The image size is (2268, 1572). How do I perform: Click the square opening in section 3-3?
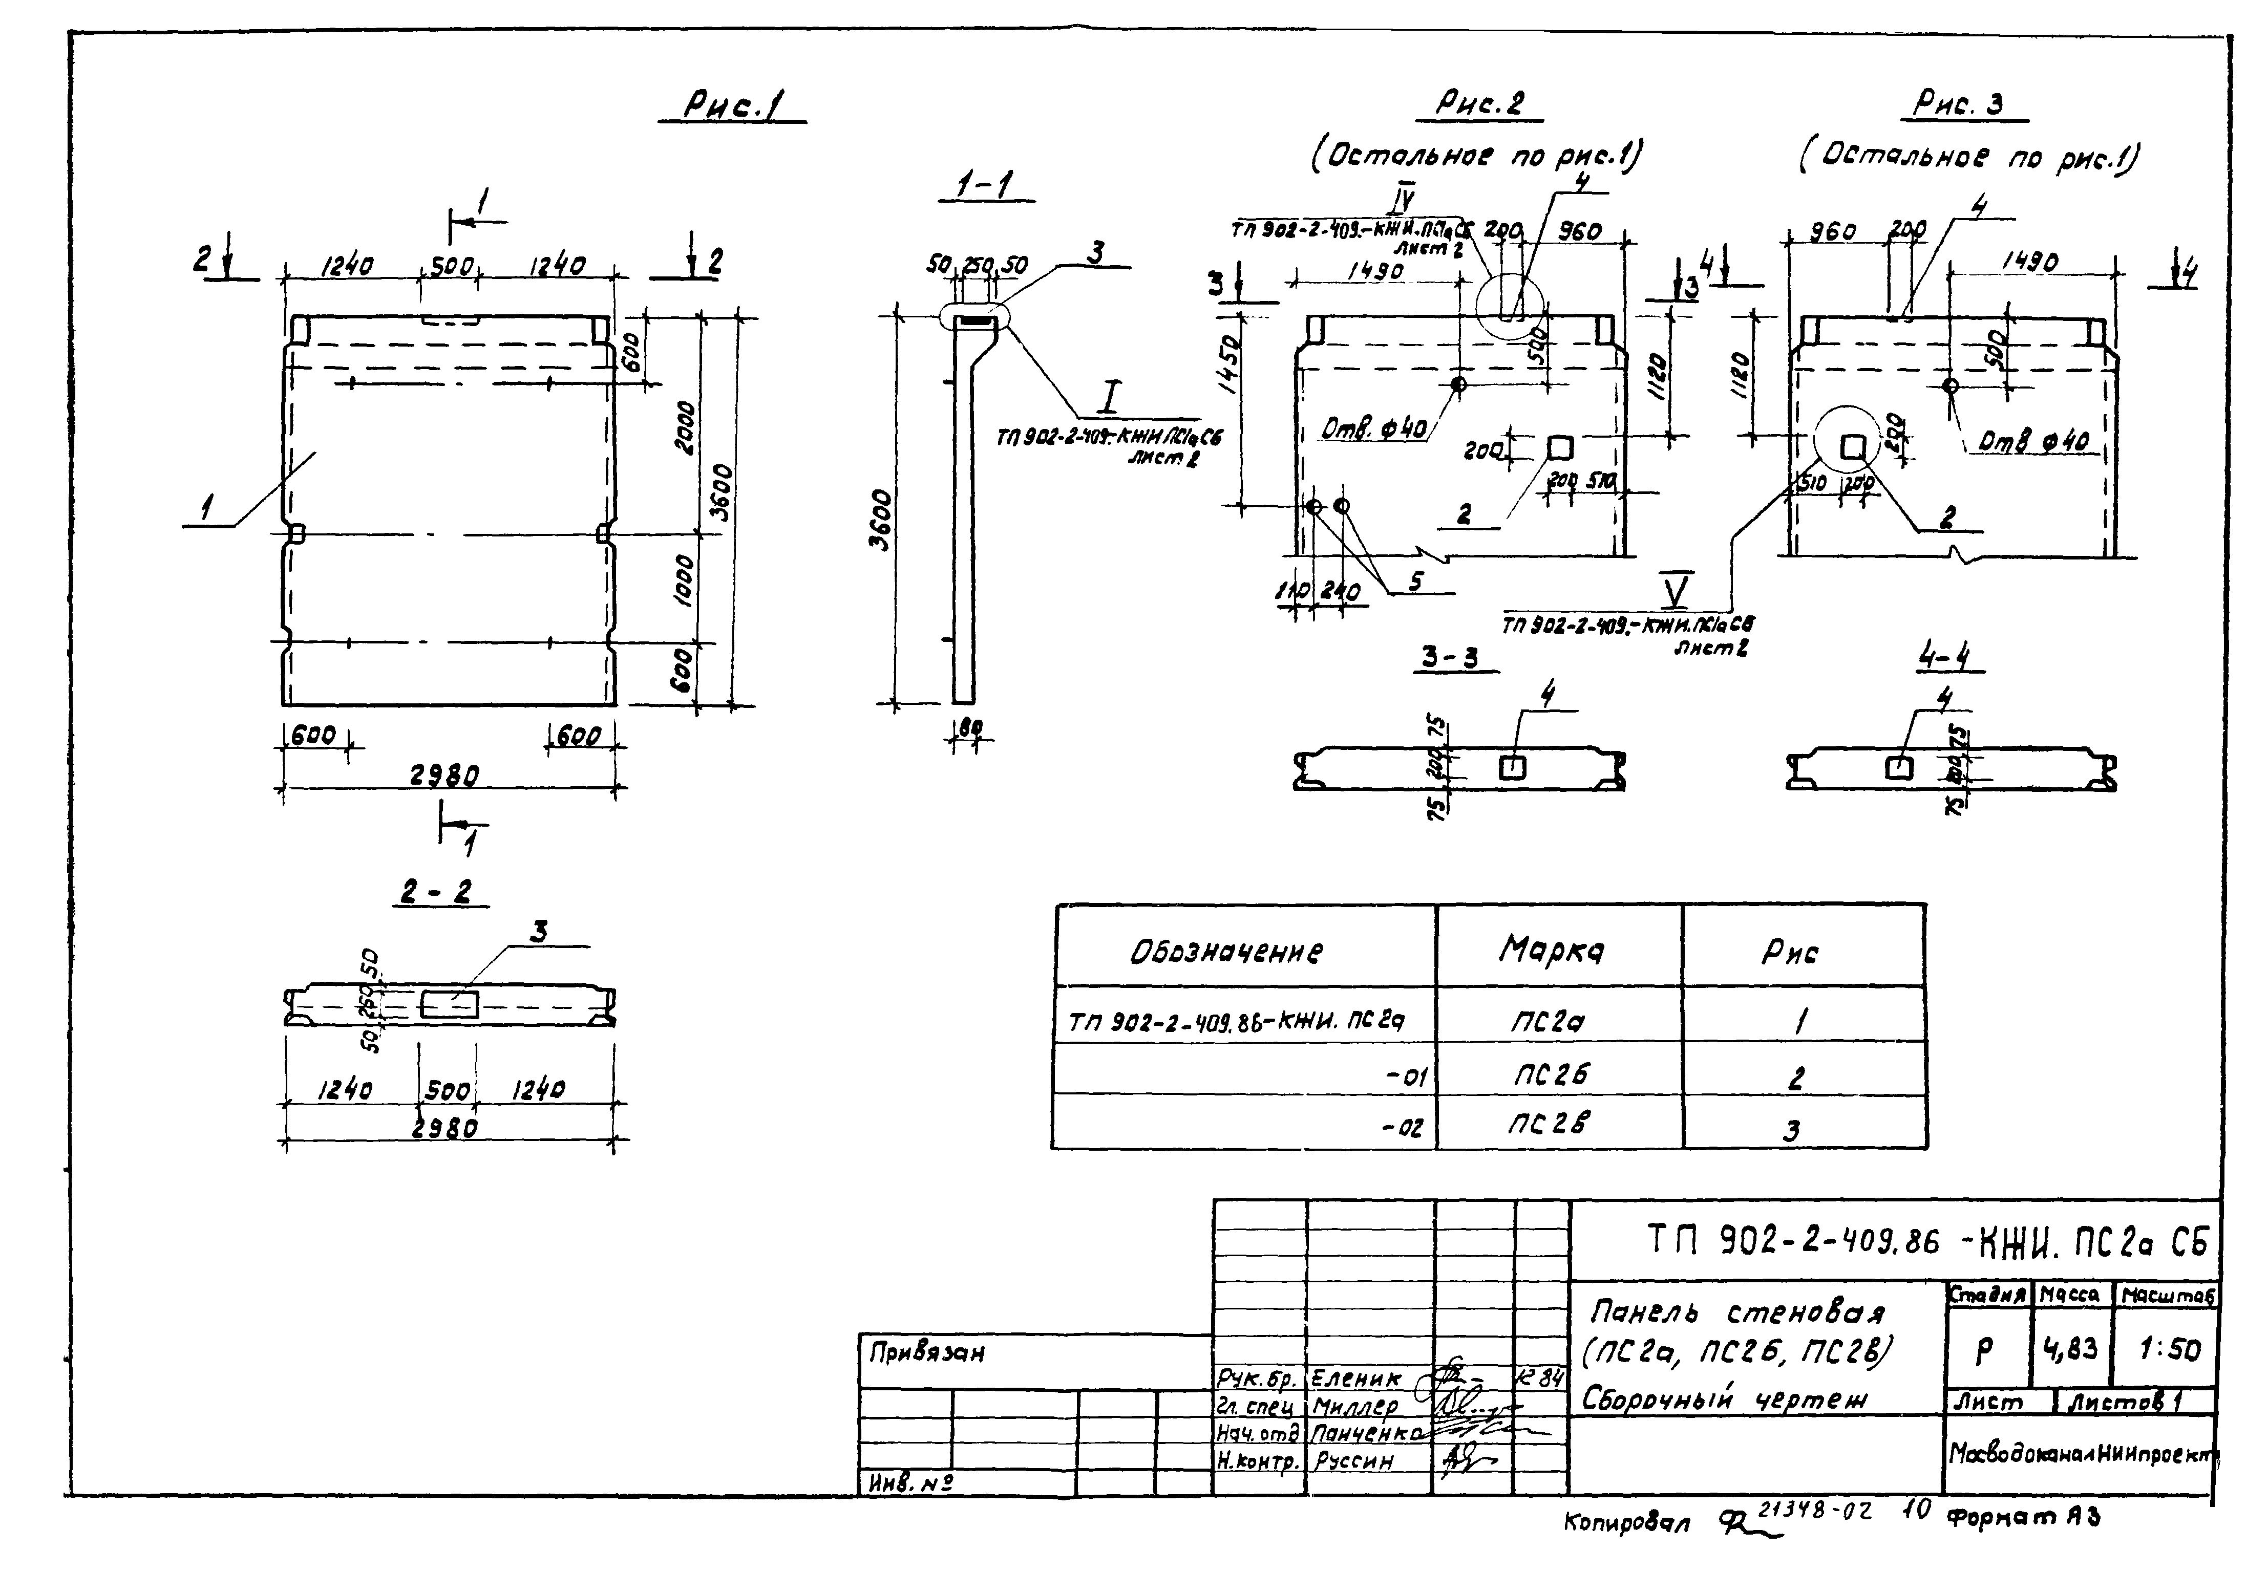tap(1511, 767)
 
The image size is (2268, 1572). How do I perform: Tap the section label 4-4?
tap(1948, 657)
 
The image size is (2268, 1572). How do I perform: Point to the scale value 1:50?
tap(2169, 1349)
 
